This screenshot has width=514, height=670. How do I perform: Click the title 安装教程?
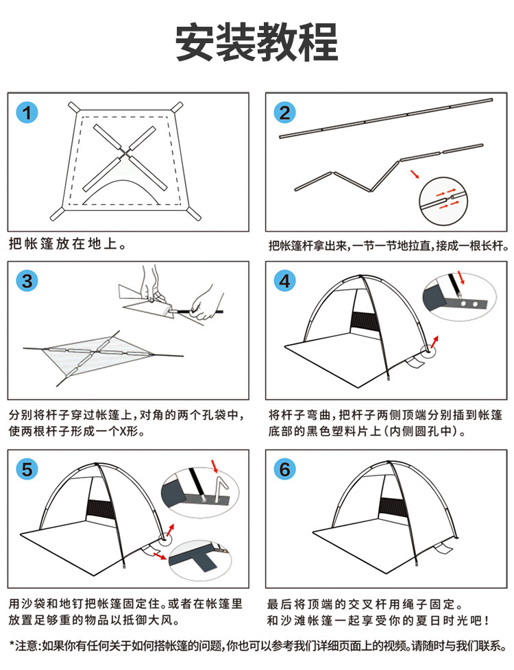[257, 42]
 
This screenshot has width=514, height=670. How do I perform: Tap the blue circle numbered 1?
[27, 113]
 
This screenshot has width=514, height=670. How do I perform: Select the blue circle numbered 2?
[284, 113]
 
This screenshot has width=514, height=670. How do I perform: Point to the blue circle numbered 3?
[27, 281]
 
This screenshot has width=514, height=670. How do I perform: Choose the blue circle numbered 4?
[284, 281]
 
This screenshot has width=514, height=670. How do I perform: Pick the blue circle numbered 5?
[27, 469]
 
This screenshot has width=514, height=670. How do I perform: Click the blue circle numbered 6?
[284, 469]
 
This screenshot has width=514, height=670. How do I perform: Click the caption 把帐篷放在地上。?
[67, 245]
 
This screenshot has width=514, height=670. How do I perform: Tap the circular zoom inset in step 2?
[447, 200]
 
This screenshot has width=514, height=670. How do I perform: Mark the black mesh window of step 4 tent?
[365, 324]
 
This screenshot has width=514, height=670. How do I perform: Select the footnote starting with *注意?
[258, 645]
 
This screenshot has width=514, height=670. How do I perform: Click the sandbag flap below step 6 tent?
[442, 547]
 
